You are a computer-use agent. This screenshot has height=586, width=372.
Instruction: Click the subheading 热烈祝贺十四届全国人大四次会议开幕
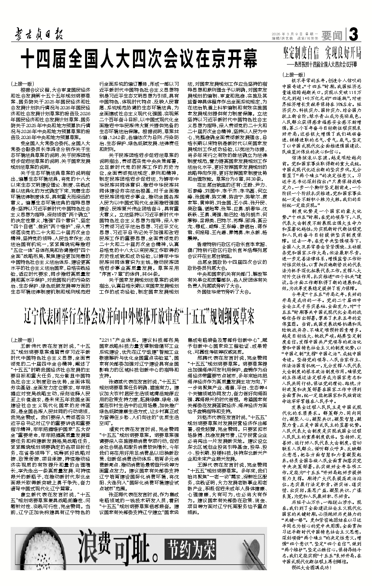[x=324, y=63]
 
